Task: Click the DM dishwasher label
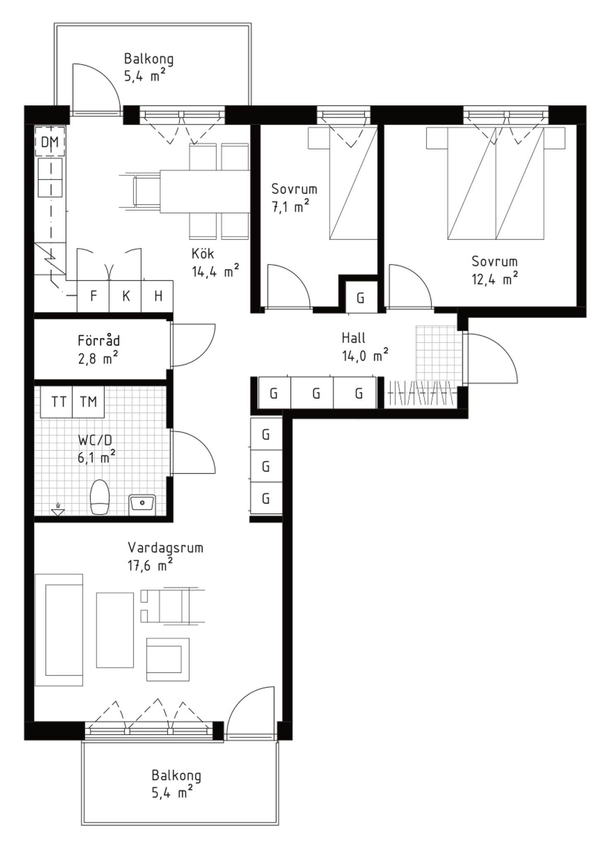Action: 50,142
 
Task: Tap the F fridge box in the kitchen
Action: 93,296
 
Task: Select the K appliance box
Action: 126,296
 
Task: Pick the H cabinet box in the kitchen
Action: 157,296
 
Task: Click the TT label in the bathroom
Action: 58,402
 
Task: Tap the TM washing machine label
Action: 88,402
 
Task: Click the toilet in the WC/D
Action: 100,497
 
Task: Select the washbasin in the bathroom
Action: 142,505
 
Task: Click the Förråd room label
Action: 99,341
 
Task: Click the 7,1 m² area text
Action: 290,206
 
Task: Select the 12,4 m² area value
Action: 495,279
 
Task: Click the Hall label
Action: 353,338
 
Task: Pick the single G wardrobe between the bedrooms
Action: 361,297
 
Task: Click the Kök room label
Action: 203,253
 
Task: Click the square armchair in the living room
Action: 168,659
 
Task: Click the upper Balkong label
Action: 149,59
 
